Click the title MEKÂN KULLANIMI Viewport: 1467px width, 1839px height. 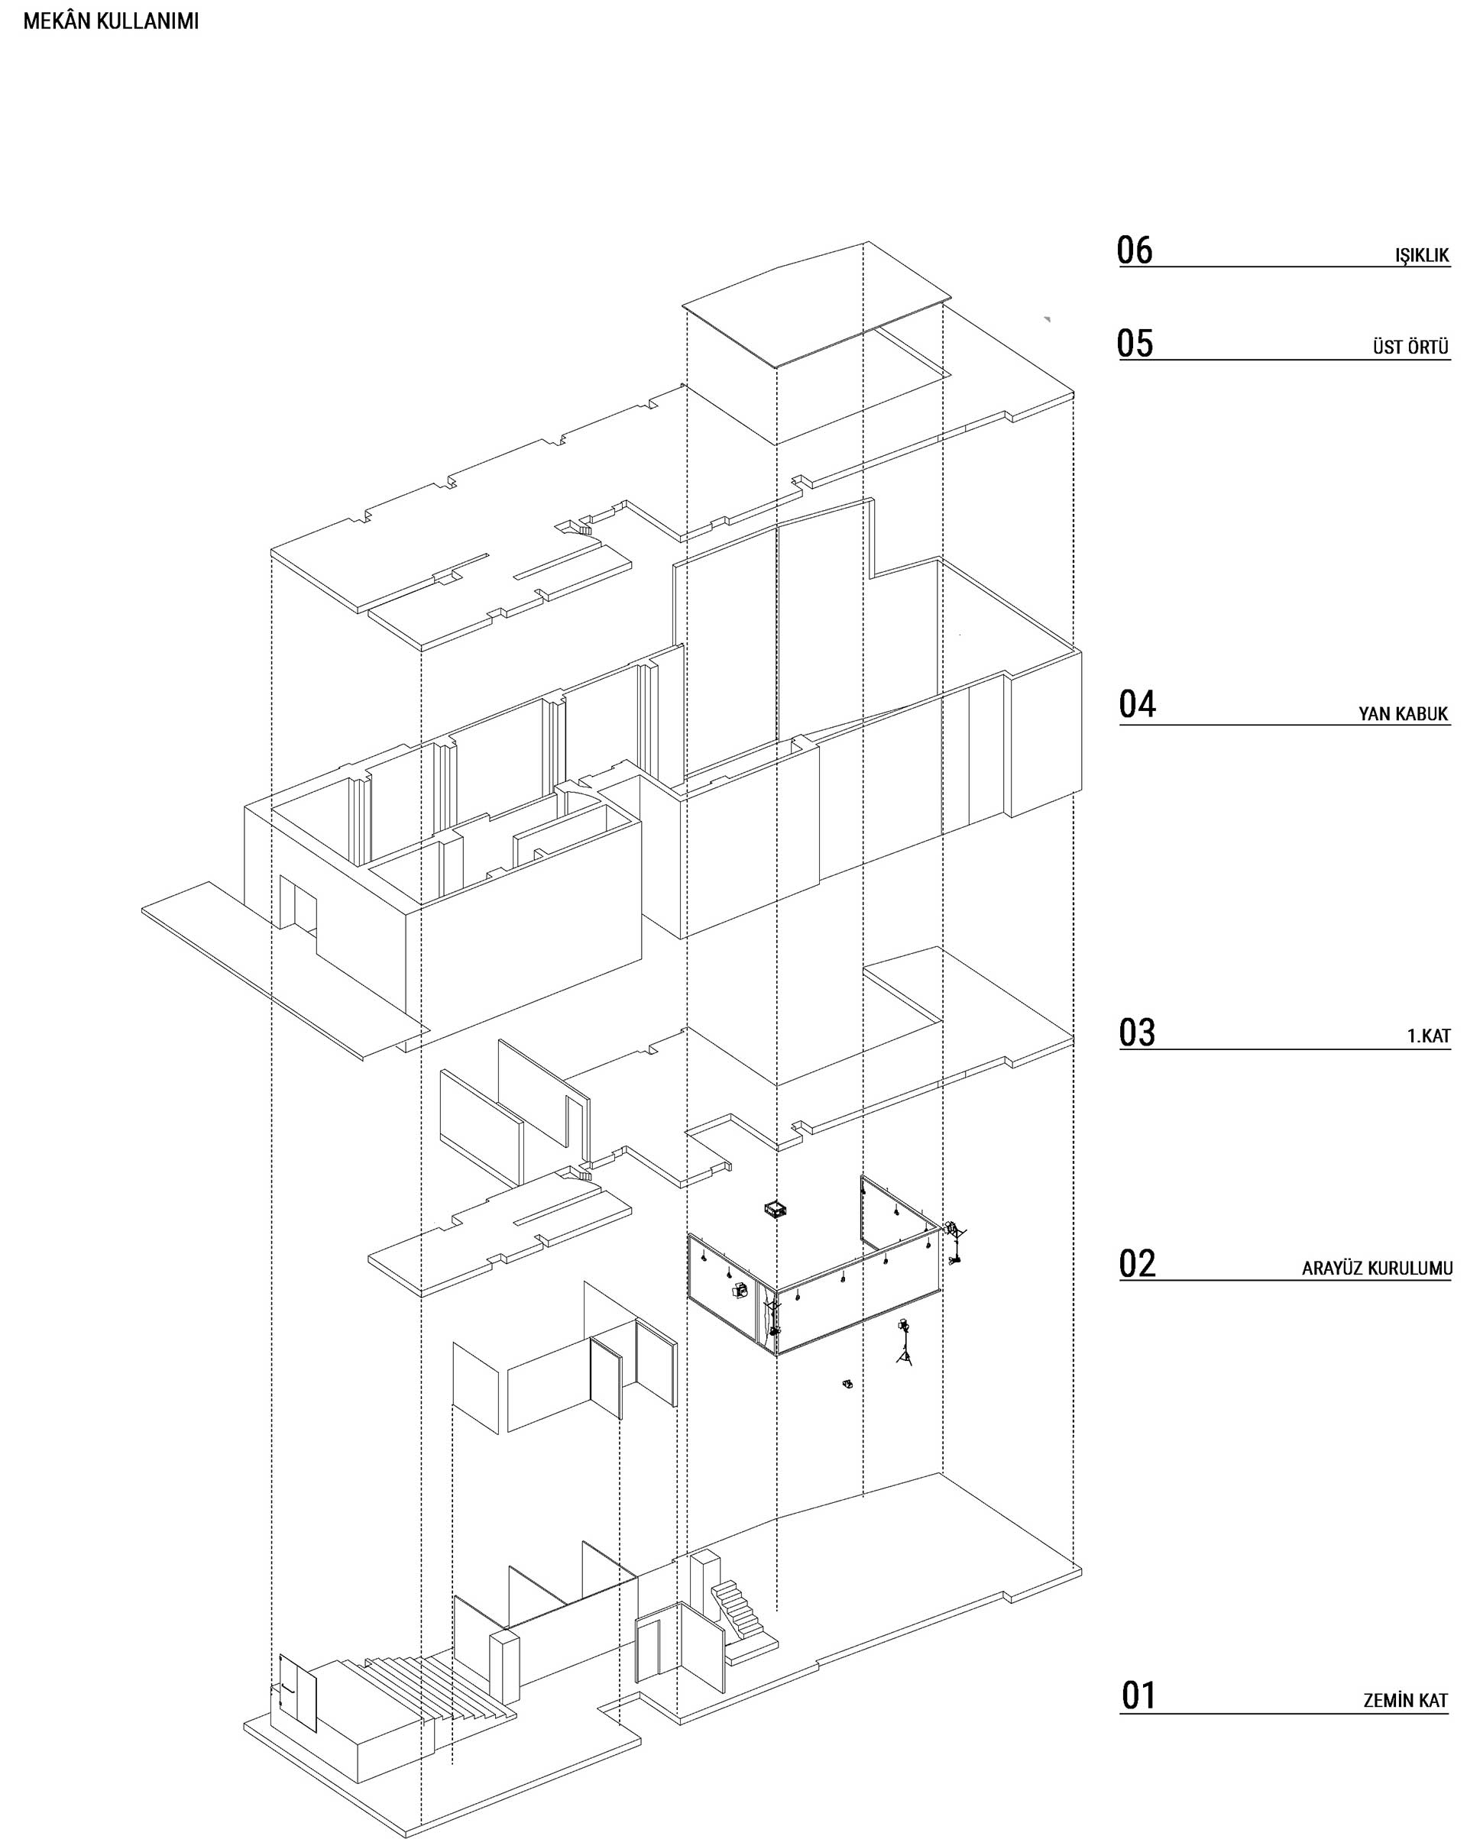110,22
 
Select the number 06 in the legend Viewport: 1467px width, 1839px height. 1134,250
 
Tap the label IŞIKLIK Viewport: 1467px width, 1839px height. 1422,255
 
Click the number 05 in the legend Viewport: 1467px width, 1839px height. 1134,343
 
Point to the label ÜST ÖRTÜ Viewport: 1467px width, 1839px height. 1410,347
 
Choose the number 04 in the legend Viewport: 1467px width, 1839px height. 1137,705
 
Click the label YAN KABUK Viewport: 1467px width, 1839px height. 1403,714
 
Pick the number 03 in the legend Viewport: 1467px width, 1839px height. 1137,1033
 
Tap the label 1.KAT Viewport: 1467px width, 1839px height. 1428,1036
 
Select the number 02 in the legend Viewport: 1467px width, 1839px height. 1137,1264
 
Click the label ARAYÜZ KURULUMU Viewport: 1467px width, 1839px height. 1375,1269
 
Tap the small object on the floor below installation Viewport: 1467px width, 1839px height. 847,1384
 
